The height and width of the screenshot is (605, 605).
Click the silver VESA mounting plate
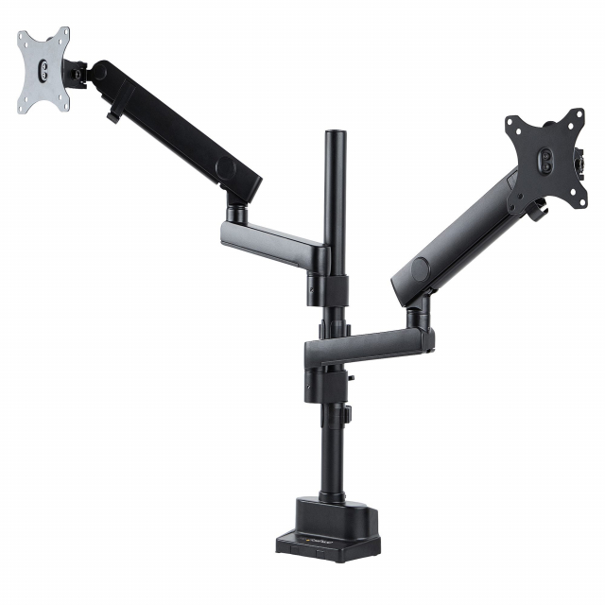click(x=42, y=72)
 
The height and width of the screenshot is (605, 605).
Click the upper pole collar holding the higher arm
click(x=320, y=284)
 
